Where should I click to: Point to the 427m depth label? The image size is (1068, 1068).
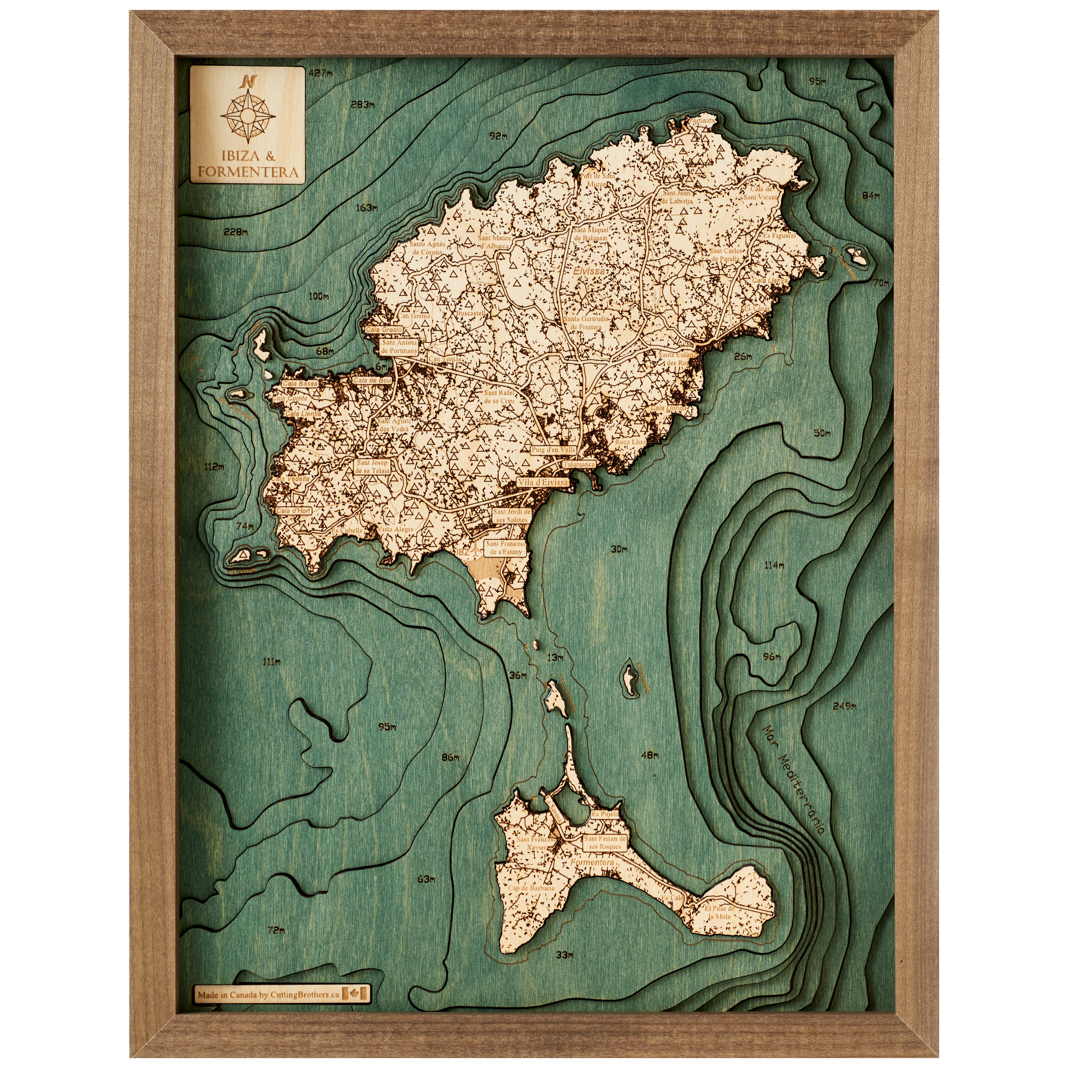[321, 72]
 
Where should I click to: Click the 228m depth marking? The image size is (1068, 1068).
[235, 231]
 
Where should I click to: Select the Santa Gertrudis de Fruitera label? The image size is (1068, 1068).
[586, 323]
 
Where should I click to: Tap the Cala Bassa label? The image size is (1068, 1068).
[300, 383]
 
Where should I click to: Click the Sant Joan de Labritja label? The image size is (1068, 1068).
[677, 197]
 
